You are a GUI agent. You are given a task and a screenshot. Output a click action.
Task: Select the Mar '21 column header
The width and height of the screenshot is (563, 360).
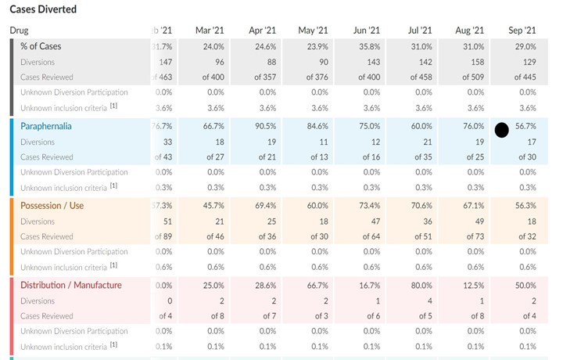209,30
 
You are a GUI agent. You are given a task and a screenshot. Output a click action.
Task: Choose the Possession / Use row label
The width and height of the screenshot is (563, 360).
52,206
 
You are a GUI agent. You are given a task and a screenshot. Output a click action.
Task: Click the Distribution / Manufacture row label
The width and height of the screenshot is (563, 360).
71,285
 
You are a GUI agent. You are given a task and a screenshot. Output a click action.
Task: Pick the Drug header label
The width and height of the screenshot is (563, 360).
19,30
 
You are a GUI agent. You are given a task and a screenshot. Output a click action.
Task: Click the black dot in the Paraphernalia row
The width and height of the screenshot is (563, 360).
502,128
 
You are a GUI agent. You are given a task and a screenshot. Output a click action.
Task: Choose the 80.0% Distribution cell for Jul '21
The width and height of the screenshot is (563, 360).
421,285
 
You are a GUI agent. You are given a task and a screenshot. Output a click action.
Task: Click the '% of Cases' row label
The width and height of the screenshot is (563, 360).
41,46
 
